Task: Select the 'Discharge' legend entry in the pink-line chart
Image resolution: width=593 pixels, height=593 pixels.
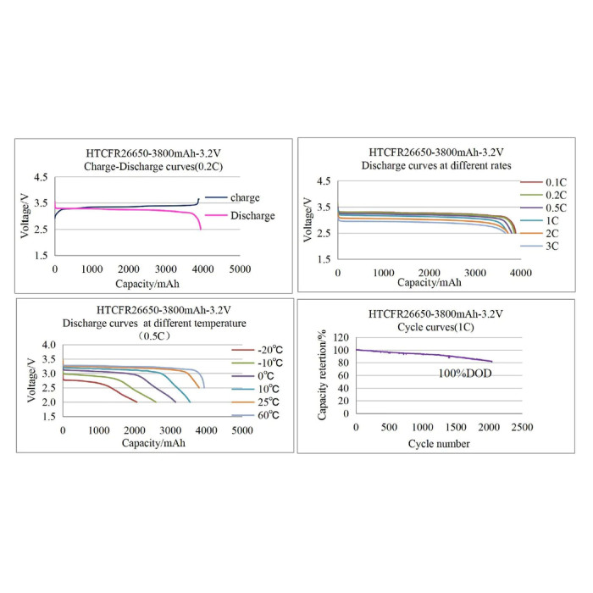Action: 240,215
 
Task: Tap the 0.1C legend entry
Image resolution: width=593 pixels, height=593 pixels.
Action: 544,182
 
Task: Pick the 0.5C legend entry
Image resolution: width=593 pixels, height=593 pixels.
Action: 544,208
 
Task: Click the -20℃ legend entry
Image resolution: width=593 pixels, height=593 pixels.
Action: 258,350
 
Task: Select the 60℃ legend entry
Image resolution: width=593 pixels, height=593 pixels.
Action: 255,415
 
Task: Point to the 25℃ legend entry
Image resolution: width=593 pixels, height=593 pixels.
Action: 255,402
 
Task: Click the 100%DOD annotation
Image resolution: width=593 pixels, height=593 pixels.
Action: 465,374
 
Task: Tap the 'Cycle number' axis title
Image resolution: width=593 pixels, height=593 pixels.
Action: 439,444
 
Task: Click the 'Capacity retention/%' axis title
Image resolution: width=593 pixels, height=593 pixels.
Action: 322,375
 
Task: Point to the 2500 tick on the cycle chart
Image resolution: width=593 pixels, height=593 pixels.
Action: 522,427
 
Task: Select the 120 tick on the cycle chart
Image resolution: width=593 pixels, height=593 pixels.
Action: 341,337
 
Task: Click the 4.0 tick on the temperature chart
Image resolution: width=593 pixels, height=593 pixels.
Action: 49,345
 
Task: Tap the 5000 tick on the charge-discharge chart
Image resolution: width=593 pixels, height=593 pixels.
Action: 240,269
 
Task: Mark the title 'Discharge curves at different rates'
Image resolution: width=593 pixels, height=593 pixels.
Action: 436,166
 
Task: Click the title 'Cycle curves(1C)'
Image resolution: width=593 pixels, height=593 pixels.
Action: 435,327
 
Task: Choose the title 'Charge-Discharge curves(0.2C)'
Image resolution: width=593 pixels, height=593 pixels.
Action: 153,167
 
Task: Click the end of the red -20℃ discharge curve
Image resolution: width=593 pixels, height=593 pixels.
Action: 136,402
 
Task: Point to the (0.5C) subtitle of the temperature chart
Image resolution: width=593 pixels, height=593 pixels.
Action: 154,335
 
